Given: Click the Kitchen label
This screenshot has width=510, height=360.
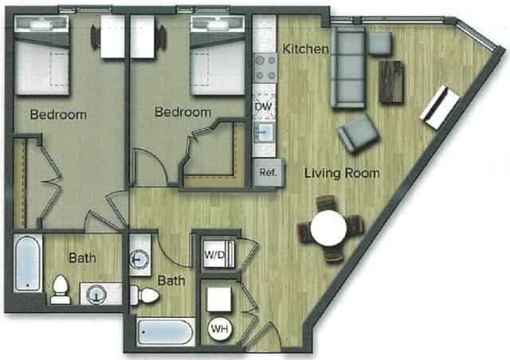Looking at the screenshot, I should click(306, 49).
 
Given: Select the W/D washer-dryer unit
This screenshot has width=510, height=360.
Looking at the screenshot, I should click(215, 256).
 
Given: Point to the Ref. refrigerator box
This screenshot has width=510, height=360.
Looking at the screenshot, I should click(267, 173).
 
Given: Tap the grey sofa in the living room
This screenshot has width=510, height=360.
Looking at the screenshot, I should click(347, 68).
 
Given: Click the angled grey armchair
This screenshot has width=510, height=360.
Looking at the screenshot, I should click(358, 133).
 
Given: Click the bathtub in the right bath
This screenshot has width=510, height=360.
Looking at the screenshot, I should click(165, 331).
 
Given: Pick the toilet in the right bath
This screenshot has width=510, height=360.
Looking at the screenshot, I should click(147, 295).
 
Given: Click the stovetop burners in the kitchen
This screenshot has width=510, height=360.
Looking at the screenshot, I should click(264, 68).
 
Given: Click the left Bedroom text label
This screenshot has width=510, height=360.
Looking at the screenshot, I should click(58, 115).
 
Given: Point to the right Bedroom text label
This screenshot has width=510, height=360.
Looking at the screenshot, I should click(182, 112).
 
